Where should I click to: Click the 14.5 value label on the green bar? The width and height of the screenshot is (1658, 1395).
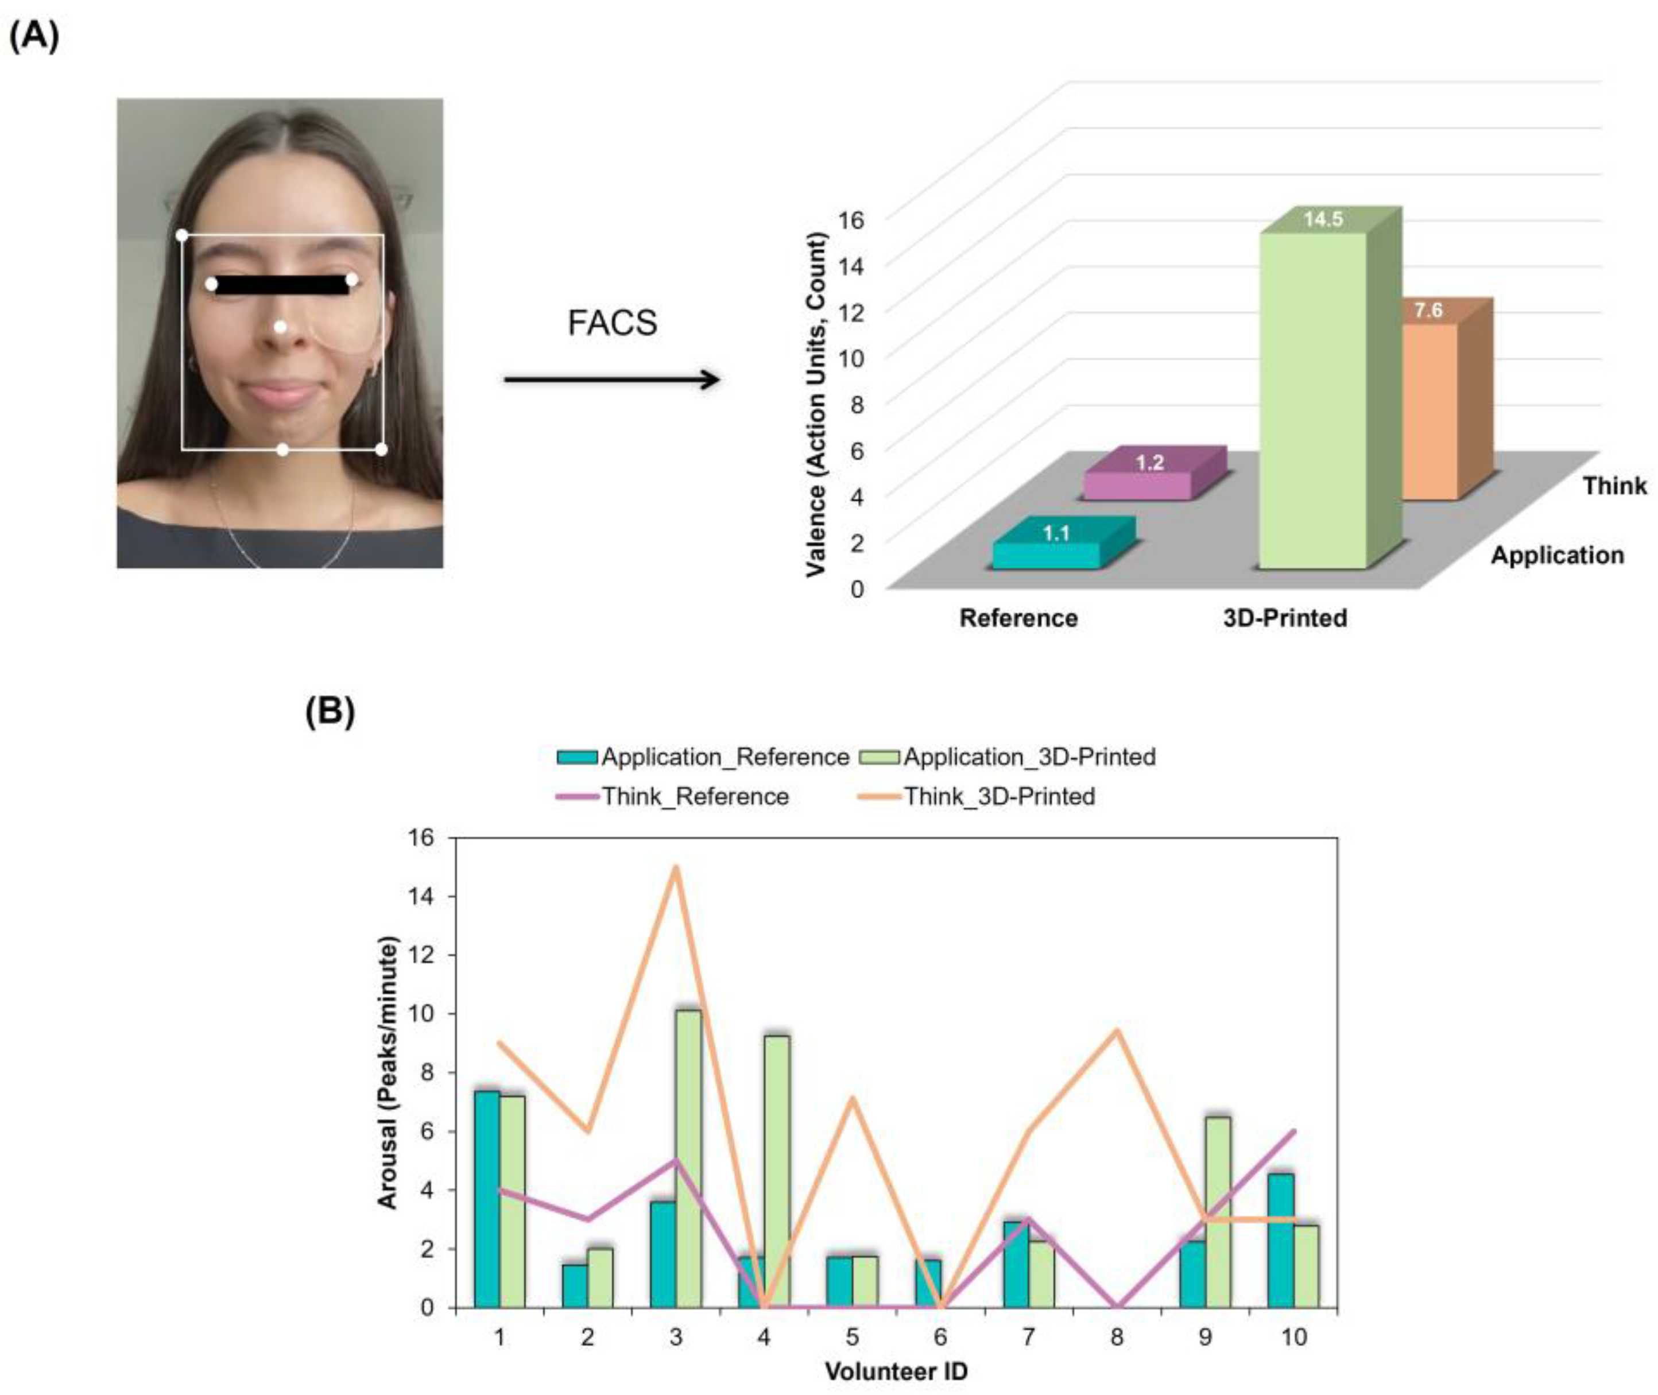point(1323,219)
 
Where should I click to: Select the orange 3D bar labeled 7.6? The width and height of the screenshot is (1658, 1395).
point(1430,411)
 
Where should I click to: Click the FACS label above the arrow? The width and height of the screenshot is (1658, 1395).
point(612,323)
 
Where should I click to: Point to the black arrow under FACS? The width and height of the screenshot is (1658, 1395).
point(611,381)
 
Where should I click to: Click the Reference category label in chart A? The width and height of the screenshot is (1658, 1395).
point(1018,618)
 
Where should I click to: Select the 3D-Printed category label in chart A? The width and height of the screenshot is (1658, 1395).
point(1285,618)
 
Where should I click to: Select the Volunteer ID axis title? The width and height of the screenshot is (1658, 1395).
point(896,1371)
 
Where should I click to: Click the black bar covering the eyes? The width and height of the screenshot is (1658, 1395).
point(281,285)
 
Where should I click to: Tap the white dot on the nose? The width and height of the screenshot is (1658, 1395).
point(280,327)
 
